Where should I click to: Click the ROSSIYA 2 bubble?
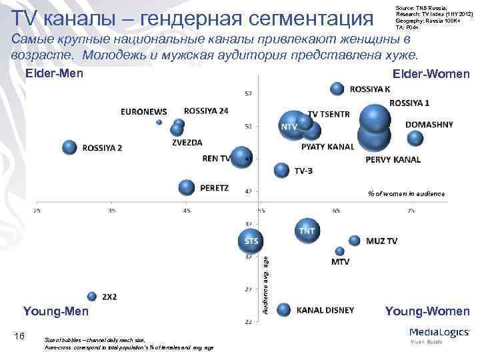(69, 147)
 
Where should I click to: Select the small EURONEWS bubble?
(159, 122)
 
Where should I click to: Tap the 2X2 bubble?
(92, 296)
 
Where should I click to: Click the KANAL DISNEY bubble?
(284, 309)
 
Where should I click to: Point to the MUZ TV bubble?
(355, 241)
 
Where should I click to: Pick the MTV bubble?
(340, 251)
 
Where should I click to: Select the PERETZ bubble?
(187, 188)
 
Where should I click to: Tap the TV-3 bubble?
(282, 170)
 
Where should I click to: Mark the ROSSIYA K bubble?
(337, 89)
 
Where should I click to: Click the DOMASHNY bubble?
(415, 138)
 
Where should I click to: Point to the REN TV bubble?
(241, 157)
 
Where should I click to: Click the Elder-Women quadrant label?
(431, 74)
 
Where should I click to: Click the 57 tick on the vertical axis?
(248, 93)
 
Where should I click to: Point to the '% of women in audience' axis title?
(406, 193)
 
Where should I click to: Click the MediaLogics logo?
(438, 335)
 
